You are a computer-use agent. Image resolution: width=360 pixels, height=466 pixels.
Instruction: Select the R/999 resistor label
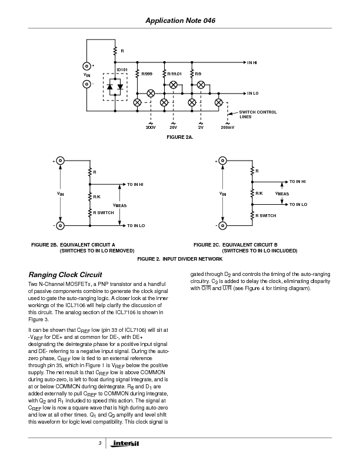pyautogui.click(x=147, y=74)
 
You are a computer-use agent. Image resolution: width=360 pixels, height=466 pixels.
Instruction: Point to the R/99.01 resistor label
pyautogui.click(x=175, y=74)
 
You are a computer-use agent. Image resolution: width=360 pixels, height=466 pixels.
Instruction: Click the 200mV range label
pyautogui.click(x=227, y=127)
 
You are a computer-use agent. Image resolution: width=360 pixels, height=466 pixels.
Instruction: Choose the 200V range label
pyautogui.click(x=150, y=127)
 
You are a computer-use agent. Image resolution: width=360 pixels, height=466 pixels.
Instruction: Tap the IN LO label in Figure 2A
pyautogui.click(x=253, y=93)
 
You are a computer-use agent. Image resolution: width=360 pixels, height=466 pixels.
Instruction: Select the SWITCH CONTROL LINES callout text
pyautogui.click(x=258, y=114)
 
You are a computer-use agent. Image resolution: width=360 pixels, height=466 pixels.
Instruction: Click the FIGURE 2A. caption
pyautogui.click(x=180, y=137)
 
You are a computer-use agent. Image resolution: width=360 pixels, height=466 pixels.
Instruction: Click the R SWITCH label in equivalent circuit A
pyautogui.click(x=104, y=212)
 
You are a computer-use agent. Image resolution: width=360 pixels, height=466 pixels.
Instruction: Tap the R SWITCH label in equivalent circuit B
pyautogui.click(x=265, y=216)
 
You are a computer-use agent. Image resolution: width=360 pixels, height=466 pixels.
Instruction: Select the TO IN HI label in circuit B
pyautogui.click(x=297, y=182)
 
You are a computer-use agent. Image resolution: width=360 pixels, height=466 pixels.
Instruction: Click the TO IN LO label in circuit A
pyautogui.click(x=136, y=225)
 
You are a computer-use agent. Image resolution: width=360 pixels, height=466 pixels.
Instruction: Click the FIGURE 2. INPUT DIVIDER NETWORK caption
pyautogui.click(x=180, y=259)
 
